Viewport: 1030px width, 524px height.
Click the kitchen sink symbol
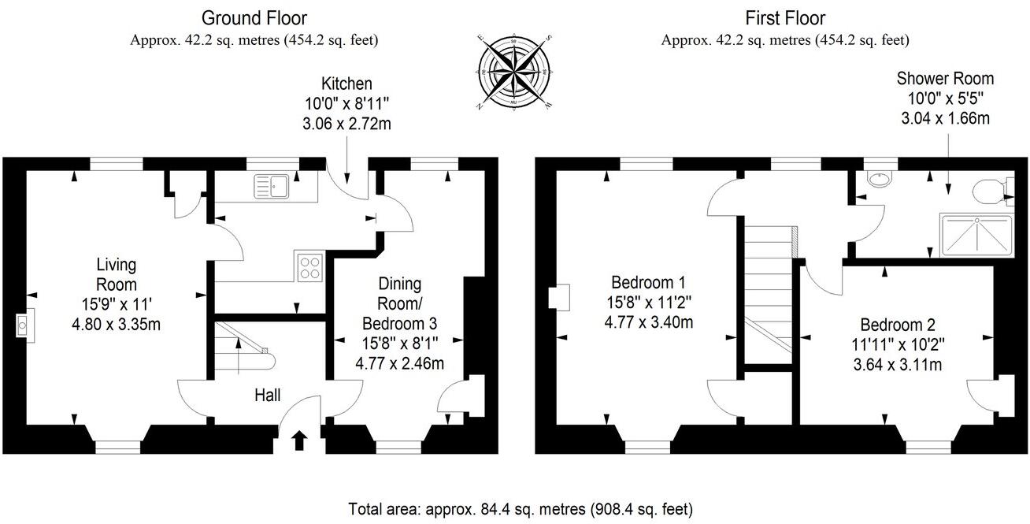tap(271, 186)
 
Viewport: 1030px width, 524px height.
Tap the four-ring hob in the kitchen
tap(309, 267)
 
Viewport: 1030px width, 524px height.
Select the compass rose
tap(514, 72)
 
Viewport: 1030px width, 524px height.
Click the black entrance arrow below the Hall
tap(299, 440)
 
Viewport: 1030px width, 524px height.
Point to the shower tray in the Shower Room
tap(976, 236)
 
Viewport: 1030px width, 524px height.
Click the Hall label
tap(268, 396)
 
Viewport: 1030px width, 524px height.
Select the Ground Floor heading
tap(254, 18)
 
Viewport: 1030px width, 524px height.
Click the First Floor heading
tap(785, 18)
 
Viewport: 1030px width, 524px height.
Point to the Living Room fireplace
tap(24, 325)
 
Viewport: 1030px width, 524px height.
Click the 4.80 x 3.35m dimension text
tap(117, 325)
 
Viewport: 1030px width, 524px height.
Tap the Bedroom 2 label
tap(898, 325)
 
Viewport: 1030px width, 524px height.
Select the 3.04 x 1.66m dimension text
tap(946, 119)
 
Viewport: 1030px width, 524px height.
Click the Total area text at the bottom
tap(520, 509)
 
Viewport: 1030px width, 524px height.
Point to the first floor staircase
tap(769, 290)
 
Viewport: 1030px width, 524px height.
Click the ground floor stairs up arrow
tap(238, 356)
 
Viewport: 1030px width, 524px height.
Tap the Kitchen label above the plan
tap(346, 84)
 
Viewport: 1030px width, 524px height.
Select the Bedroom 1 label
tap(648, 282)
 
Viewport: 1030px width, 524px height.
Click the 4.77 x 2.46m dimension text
tap(399, 363)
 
